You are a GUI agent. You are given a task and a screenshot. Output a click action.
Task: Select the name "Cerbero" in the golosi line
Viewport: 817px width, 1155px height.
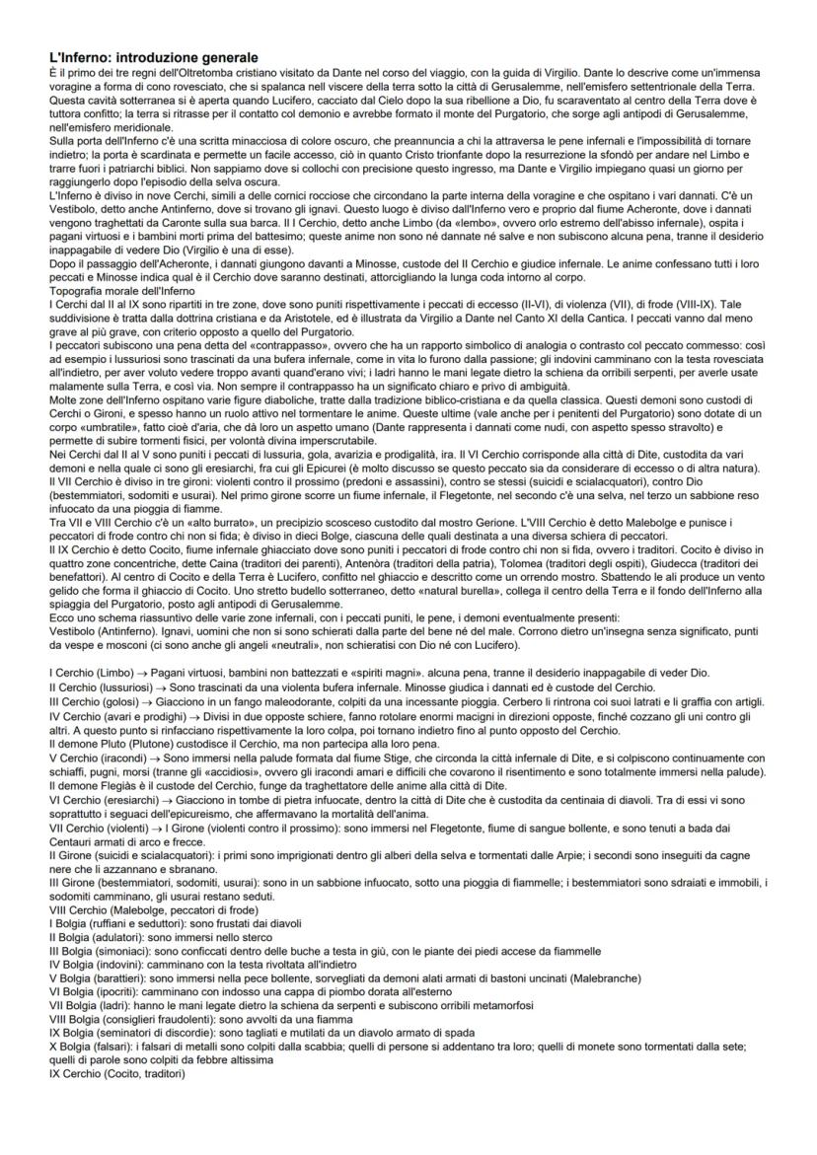tap(473, 697)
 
